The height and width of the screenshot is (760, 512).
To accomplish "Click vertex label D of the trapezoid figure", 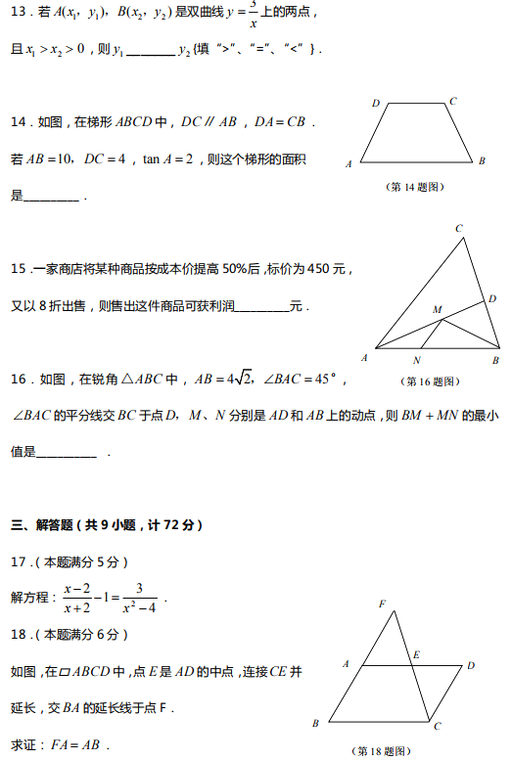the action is click(x=375, y=103).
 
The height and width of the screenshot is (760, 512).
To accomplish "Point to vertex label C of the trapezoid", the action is click(x=452, y=101).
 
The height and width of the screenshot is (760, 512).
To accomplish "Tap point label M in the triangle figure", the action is click(x=437, y=310).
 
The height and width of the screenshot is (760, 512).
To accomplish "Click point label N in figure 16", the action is click(x=417, y=360).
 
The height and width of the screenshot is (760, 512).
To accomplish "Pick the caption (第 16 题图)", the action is click(x=432, y=381).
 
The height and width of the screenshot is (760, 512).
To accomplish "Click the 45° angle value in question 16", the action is click(x=313, y=379).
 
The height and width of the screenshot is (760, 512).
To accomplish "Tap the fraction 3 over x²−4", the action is click(x=139, y=598).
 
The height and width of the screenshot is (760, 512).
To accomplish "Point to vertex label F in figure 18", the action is click(x=382, y=604).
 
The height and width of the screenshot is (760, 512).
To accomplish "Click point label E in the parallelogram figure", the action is click(x=416, y=654).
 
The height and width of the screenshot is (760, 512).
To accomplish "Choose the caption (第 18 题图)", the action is click(x=380, y=751).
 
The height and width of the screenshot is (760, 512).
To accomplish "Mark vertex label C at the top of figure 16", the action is click(x=458, y=229).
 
